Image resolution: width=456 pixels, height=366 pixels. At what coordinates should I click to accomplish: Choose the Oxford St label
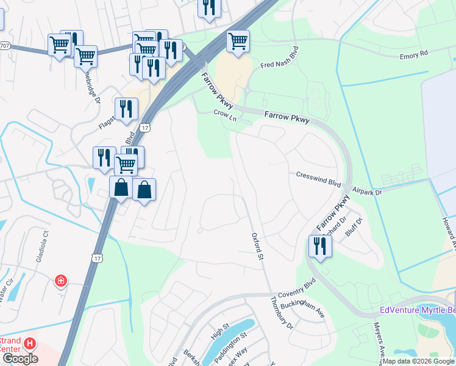tap(257, 248)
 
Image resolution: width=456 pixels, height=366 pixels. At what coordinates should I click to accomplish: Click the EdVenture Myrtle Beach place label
tap(417, 310)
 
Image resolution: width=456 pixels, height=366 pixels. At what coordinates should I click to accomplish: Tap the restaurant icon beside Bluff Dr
tap(319, 246)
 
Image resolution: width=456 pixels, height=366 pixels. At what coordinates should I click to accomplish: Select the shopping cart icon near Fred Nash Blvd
tap(238, 41)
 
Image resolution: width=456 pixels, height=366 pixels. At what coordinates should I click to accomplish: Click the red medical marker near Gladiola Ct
tap(60, 281)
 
